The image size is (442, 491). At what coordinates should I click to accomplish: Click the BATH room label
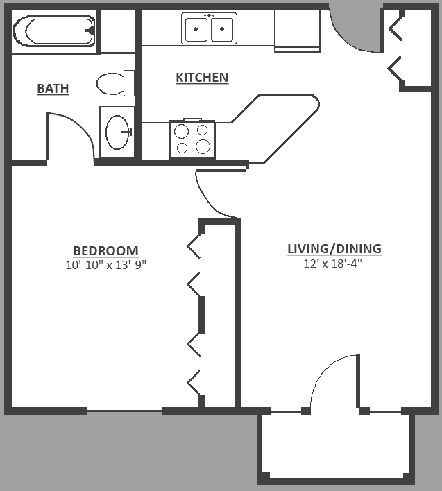[53, 89]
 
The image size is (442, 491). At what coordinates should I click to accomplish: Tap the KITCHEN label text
[201, 78]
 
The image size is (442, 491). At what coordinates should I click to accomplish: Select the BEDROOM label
[105, 251]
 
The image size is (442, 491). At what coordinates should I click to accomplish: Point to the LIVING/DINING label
[334, 249]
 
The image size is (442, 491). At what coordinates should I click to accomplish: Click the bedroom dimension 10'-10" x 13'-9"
[105, 265]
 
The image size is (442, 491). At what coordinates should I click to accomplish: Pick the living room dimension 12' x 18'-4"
[333, 264]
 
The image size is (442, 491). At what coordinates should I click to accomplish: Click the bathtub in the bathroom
[53, 31]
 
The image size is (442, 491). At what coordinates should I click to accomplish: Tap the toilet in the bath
[114, 83]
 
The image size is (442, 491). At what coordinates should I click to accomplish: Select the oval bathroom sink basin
[117, 130]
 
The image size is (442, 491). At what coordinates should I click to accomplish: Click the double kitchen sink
[209, 28]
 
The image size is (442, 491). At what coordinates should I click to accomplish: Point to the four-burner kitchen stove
[192, 139]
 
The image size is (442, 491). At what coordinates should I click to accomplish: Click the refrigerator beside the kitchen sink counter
[297, 31]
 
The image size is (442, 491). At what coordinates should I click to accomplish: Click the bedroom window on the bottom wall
[124, 411]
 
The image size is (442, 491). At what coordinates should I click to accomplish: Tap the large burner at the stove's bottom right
[203, 146]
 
